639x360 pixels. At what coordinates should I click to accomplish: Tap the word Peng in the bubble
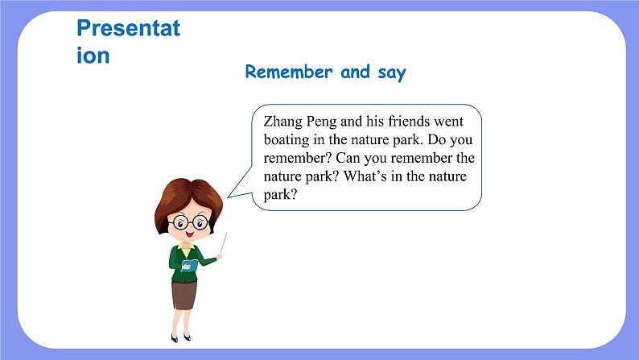coord(322,122)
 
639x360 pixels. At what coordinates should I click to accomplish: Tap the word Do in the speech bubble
coord(436,139)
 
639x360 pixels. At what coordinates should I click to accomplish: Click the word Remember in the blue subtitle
coord(289,72)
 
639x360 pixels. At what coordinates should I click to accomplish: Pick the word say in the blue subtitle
coord(392,73)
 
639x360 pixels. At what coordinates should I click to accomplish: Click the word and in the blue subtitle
coord(356,72)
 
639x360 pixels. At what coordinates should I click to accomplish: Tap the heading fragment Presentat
coord(129,28)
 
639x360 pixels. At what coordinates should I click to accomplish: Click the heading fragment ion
coord(93,56)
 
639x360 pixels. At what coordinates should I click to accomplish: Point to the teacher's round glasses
coord(191,222)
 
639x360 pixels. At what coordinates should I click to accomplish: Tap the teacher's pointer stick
coord(223,244)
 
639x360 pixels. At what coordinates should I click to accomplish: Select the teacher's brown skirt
coord(184,294)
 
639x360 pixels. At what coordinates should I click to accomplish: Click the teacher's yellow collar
coord(186,248)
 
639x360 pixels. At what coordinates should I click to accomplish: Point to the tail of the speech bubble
coord(240,184)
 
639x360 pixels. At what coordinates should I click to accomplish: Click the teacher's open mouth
coord(189,234)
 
